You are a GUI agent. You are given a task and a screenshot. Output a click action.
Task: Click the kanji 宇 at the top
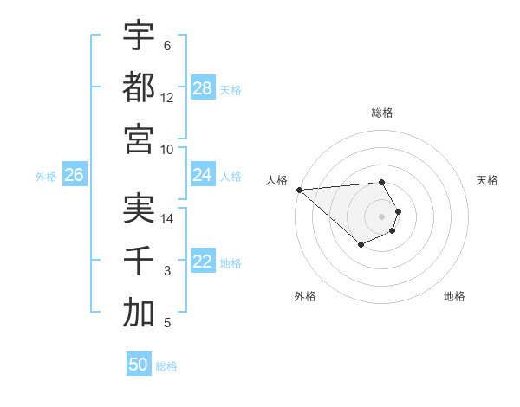139,36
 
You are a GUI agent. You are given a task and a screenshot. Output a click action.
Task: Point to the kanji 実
139,210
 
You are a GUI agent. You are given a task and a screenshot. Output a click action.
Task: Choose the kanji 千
139,262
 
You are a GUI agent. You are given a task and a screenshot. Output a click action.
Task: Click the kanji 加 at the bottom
139,313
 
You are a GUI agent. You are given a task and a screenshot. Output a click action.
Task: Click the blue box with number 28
203,88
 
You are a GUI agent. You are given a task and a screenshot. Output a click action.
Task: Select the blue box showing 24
203,175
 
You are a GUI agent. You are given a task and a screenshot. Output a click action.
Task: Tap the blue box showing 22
203,262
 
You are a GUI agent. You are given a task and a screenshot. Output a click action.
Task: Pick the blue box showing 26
74,175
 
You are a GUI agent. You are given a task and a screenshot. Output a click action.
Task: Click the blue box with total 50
139,365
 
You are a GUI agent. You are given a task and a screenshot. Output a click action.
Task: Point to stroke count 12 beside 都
167,98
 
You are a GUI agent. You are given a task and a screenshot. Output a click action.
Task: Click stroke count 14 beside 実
167,220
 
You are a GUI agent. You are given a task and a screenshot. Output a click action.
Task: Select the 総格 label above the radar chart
382,113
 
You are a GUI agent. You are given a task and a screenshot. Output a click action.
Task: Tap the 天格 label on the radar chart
488,180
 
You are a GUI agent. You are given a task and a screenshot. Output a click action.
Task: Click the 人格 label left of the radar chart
276,180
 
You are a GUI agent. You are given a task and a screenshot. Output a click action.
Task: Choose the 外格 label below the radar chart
305,296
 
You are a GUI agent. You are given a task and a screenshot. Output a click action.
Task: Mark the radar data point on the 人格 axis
299,190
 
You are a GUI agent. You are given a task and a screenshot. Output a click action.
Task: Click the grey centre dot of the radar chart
382,216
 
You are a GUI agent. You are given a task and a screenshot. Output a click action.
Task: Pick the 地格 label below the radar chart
454,296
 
